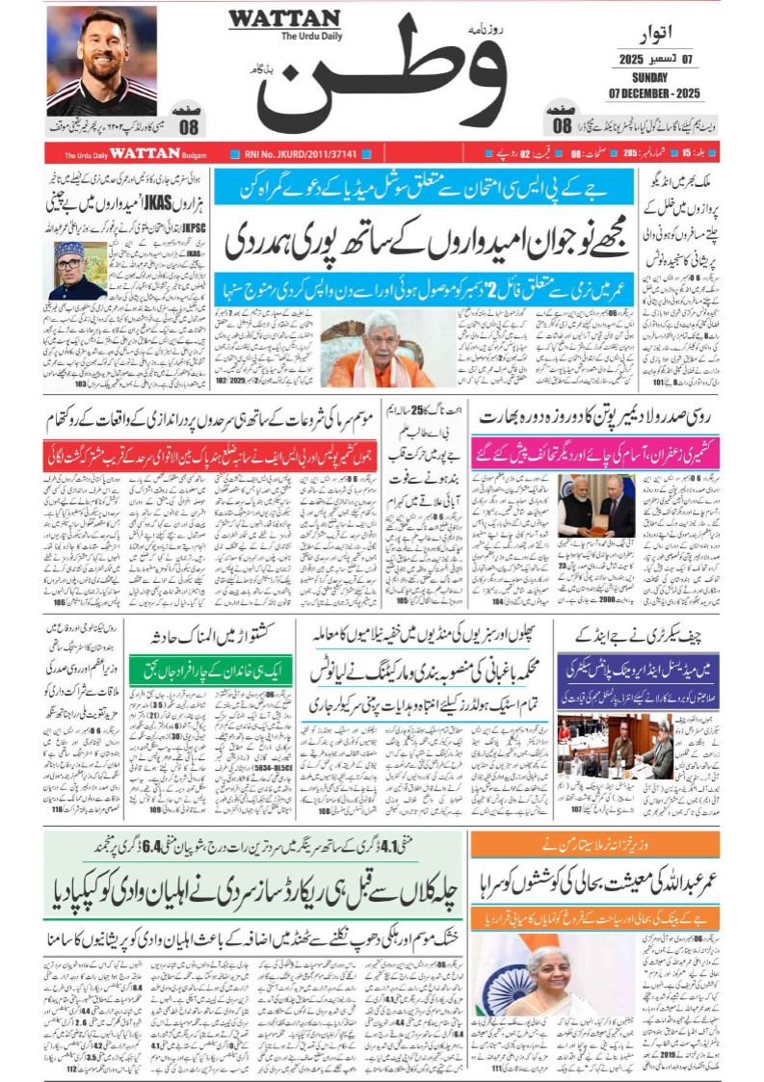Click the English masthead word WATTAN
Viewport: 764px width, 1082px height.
pos(284,19)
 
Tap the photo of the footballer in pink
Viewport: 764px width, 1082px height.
pos(101,60)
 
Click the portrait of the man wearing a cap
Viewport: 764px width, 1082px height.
pos(80,271)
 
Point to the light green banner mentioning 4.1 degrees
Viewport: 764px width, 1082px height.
pos(254,848)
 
